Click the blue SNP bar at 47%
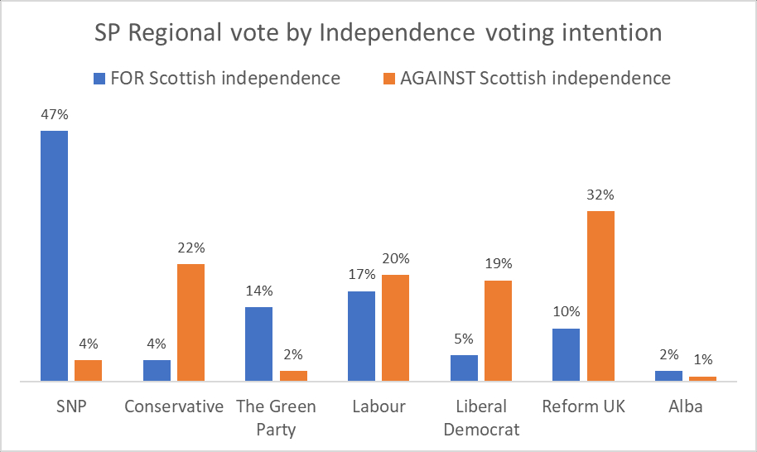tap(55, 256)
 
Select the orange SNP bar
tap(88, 370)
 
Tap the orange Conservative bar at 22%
tap(190, 322)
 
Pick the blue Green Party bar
tap(259, 344)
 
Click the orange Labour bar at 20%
tap(395, 328)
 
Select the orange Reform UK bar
tap(600, 296)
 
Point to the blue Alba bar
tap(668, 375)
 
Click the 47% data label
tap(55, 115)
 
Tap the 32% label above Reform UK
tap(600, 196)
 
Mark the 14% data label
tap(259, 291)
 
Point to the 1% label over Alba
tap(702, 361)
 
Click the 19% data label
tap(499, 265)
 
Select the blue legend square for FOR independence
tap(99, 79)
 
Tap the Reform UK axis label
tap(583, 406)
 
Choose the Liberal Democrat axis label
tap(481, 418)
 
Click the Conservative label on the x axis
tap(174, 406)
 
